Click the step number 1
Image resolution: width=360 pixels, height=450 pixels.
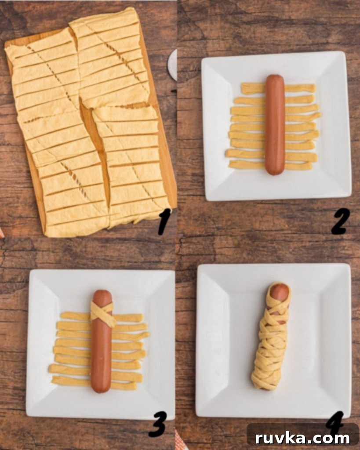coord(164,222)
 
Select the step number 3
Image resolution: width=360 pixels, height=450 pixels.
coord(157,424)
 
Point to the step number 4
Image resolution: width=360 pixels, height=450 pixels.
coord(335,420)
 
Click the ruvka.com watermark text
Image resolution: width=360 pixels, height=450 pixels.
coord(302,438)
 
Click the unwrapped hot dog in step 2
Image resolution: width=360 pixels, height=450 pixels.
coord(275,124)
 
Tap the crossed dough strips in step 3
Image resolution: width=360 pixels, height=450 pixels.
coord(103,314)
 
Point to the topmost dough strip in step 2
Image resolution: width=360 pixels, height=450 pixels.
coord(278,88)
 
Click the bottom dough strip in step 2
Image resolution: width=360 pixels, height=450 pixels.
coord(270,165)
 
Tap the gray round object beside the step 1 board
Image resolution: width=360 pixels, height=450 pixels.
coord(172,65)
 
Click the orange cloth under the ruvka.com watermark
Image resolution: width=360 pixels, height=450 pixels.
coord(181,442)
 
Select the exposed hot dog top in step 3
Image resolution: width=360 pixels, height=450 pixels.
coord(102,296)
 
